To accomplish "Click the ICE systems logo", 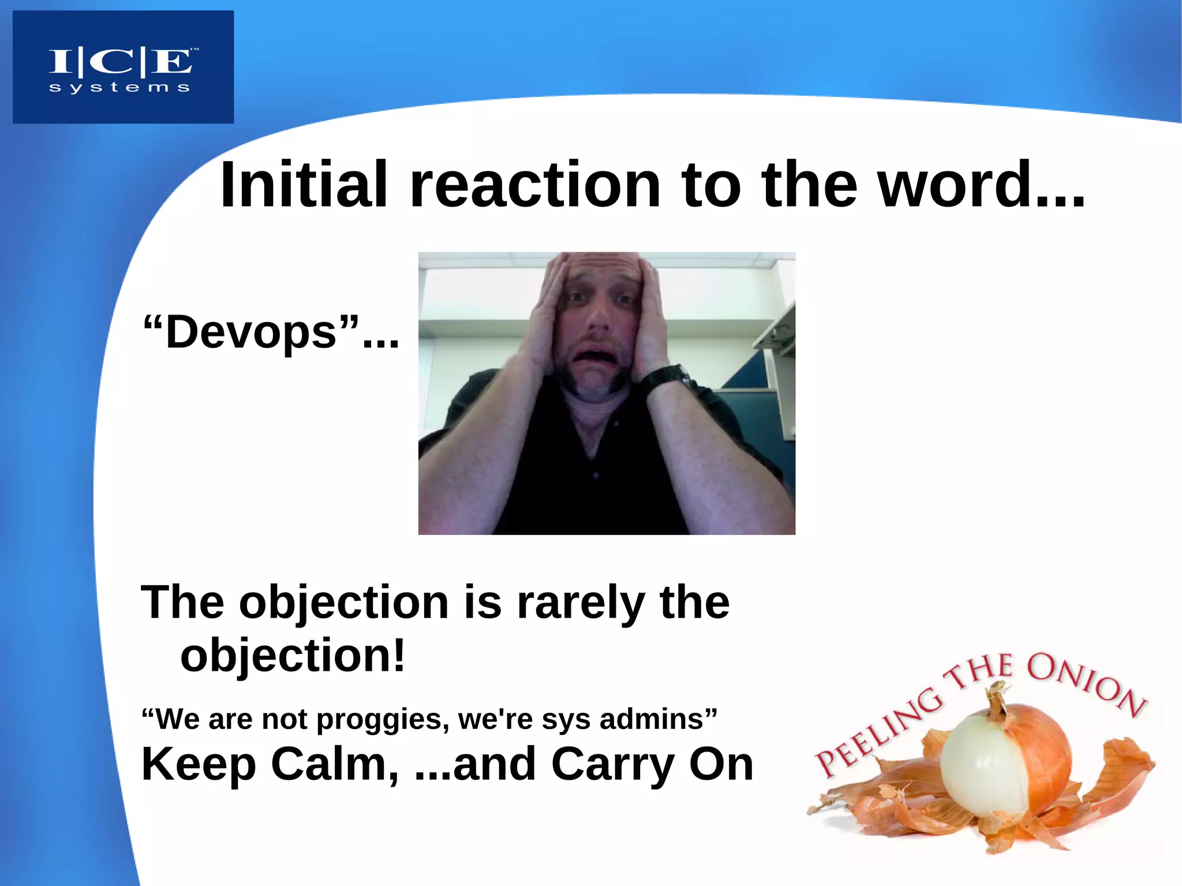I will [123, 66].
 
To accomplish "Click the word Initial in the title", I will [304, 185].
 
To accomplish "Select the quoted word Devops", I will [250, 333].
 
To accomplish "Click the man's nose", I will [597, 321].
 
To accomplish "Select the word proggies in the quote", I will [383, 720].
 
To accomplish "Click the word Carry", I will [613, 764].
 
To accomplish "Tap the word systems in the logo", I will [119, 88].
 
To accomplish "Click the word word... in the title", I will [981, 185].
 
